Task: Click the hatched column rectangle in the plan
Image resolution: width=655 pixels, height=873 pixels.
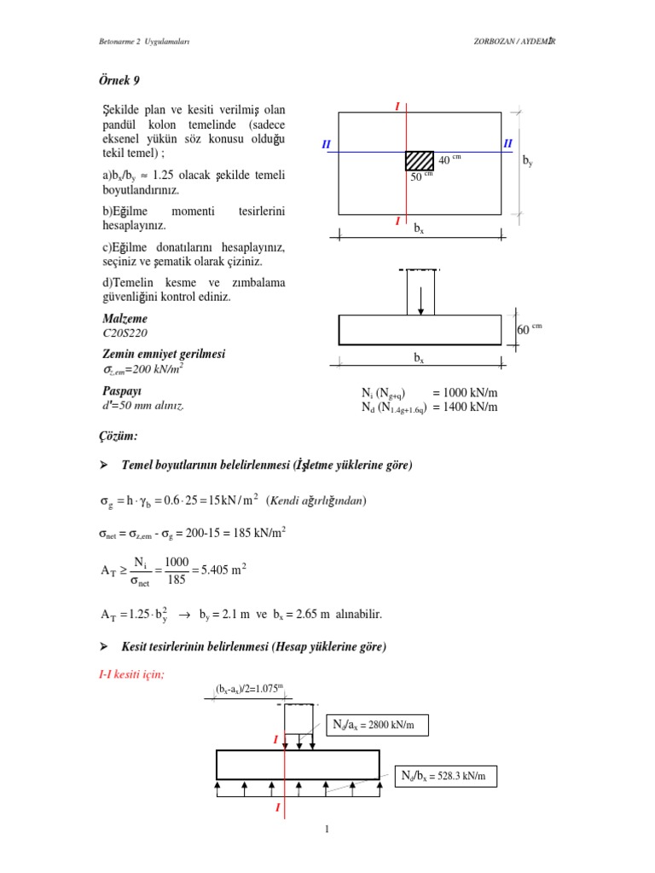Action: coord(419,160)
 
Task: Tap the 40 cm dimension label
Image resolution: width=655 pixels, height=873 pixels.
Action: coord(449,160)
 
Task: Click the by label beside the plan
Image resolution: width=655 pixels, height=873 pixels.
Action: coord(528,159)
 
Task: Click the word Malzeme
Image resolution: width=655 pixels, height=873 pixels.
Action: coord(125,319)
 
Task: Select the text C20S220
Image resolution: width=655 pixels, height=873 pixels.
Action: coord(126,333)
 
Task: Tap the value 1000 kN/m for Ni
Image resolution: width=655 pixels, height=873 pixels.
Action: coord(465,392)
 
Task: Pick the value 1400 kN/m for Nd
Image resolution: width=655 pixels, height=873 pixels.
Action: coord(465,407)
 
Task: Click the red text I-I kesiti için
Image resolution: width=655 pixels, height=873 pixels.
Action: coord(132,674)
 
